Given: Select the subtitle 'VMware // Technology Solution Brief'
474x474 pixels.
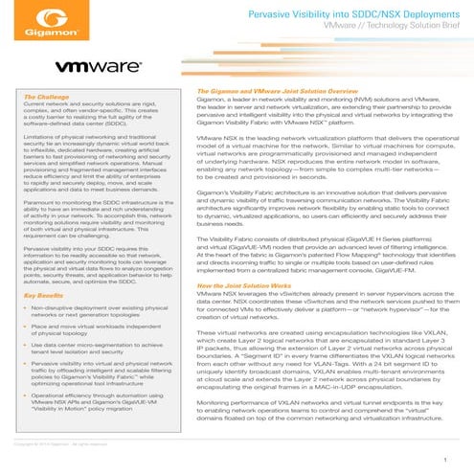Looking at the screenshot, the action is [x=379, y=30].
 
